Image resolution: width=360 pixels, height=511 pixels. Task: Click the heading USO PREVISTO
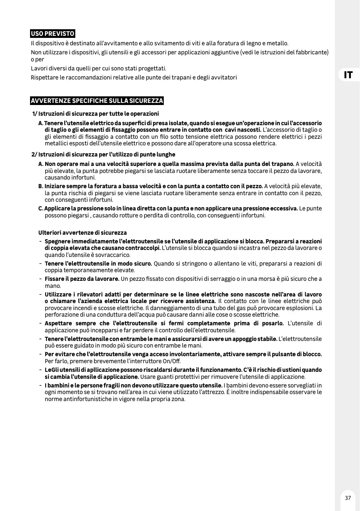pos(53,34)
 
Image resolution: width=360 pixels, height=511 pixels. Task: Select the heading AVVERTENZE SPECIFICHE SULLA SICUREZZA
pos(97,101)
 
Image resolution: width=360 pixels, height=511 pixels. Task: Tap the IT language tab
pos(348,75)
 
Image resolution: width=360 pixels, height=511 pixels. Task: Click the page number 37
pos(348,498)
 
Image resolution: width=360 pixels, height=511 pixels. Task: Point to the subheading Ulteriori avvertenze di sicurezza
pos(82,233)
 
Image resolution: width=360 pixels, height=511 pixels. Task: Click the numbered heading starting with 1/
pos(95,114)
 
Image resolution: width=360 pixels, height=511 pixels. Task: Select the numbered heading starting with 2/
pos(103,154)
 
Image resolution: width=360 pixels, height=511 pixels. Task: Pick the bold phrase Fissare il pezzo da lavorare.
pos(82,279)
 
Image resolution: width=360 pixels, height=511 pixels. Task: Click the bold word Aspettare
pos(60,323)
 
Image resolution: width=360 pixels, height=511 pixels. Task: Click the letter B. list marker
pos(41,186)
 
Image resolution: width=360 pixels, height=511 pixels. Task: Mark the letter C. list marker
pos(41,208)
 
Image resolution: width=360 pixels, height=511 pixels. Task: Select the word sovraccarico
pos(116,255)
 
